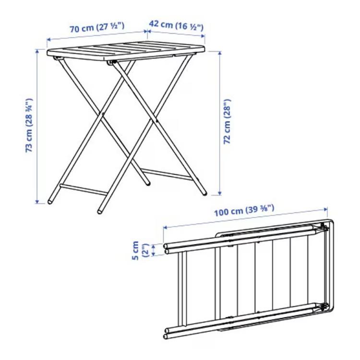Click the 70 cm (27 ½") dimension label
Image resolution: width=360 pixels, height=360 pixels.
(x=97, y=27)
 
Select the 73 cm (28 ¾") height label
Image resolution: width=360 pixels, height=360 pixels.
(x=29, y=125)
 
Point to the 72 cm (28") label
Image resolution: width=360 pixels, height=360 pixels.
(x=227, y=122)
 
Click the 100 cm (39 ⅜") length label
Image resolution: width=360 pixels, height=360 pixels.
(x=244, y=211)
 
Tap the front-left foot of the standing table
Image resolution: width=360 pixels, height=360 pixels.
(x=50, y=202)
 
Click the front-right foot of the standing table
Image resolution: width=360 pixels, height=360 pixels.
(x=100, y=211)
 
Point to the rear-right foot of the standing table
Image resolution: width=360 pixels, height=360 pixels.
(x=204, y=193)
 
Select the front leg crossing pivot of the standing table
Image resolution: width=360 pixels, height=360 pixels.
(x=102, y=114)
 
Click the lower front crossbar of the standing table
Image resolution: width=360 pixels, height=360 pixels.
(x=83, y=190)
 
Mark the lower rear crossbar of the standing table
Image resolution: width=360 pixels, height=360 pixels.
(x=166, y=174)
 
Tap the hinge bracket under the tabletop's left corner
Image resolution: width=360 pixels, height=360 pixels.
(x=57, y=58)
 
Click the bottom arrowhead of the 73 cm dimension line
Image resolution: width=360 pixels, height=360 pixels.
(x=37, y=202)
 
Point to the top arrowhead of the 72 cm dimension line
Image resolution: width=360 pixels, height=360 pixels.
(x=220, y=53)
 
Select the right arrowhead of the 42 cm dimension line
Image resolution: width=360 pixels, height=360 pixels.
(x=203, y=36)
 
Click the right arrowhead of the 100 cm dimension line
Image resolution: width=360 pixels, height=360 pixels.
(x=325, y=209)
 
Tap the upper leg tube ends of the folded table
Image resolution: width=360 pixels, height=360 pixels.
(x=166, y=249)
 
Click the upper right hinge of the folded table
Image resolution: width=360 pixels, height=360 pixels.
(x=323, y=228)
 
